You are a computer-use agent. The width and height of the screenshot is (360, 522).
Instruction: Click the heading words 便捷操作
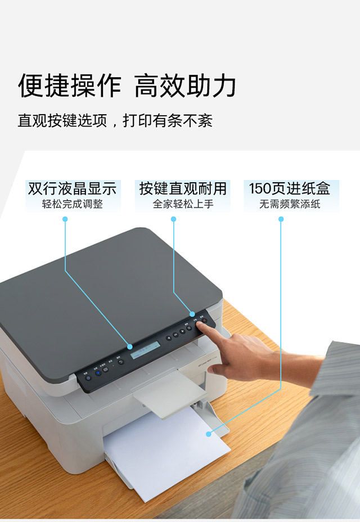tap(69, 86)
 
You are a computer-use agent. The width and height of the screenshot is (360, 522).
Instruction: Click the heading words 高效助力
tap(186, 86)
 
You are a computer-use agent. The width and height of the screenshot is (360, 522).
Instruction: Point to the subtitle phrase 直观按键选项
tap(62, 121)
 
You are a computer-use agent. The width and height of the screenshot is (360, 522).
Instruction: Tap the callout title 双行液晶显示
tap(73, 188)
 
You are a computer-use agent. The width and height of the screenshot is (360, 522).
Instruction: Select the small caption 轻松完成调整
tap(73, 204)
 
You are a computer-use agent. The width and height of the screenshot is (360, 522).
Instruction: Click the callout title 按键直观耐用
tap(183, 188)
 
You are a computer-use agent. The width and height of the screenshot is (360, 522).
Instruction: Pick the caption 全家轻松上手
tap(183, 204)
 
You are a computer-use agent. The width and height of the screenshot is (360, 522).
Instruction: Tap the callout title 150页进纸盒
tap(290, 188)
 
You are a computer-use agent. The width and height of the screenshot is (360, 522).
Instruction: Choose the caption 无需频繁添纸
tap(290, 204)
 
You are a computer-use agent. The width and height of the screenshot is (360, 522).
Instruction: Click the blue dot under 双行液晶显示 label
tap(65, 219)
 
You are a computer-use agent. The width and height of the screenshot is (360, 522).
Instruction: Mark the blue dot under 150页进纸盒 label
tap(281, 219)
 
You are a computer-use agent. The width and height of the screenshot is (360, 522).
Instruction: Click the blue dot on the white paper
tap(208, 434)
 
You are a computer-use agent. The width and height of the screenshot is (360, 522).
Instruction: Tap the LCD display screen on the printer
tap(142, 353)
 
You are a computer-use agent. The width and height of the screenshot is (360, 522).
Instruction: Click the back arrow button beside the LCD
tap(120, 362)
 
